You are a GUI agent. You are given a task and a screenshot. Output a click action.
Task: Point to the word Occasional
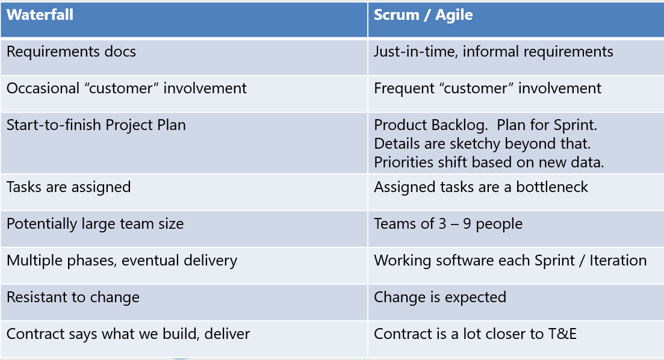(x=43, y=88)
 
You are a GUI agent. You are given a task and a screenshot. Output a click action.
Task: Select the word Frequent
(x=404, y=88)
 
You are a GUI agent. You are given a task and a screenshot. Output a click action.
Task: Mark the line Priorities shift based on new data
(x=489, y=163)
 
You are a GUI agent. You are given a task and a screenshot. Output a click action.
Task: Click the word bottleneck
(x=552, y=187)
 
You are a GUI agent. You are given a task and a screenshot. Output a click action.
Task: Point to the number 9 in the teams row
(x=467, y=223)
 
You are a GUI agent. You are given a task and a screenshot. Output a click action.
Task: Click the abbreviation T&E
(x=562, y=334)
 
